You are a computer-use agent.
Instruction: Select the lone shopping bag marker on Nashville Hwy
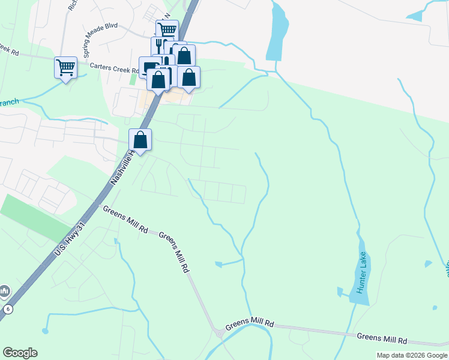140,140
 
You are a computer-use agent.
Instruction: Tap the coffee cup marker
148,68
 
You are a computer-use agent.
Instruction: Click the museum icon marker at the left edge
4,292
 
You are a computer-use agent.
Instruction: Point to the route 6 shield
8,308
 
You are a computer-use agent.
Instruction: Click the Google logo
20,353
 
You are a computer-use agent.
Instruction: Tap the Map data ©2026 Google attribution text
412,356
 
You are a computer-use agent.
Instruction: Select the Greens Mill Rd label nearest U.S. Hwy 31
125,220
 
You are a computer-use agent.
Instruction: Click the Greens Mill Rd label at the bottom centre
249,326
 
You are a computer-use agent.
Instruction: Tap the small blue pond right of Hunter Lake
427,263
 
